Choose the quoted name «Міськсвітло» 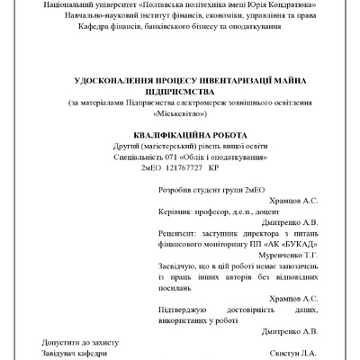[x=181, y=113]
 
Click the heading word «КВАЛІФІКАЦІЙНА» [x=160, y=134]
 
